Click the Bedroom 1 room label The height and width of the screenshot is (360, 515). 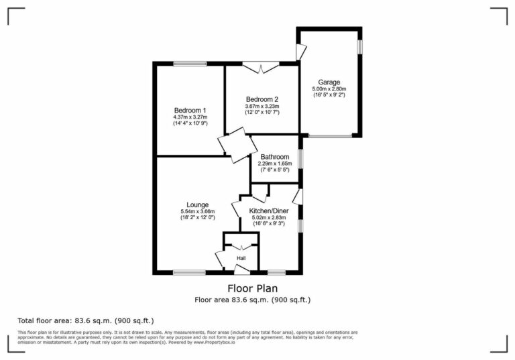pos(190,111)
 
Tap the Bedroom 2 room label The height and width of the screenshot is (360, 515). pos(262,99)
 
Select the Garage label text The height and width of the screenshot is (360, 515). pos(329,82)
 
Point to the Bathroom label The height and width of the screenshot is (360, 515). pos(275,158)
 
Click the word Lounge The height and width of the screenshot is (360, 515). pos(197,205)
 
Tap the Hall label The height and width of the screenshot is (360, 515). pos(241,257)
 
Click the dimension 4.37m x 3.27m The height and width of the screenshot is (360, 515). pos(190,117)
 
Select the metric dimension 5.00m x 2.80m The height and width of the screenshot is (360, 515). pos(329,88)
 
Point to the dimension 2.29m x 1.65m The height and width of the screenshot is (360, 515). pos(275,164)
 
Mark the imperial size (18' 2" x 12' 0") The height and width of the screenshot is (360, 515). pos(197,218)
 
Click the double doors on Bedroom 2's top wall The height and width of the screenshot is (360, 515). pos(261,66)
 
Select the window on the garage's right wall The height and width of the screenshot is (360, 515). pos(360,47)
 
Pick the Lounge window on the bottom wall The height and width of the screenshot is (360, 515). pos(189,272)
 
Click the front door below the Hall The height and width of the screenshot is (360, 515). pos(241,270)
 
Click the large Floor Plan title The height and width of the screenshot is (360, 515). pos(252,289)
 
